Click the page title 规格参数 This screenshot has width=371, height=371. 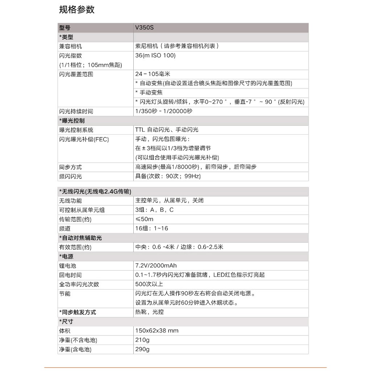coord(77,10)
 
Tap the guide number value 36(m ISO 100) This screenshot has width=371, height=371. coord(155,55)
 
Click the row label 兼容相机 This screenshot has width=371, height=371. coord(71,46)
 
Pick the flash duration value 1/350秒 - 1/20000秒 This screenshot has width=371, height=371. coord(164,111)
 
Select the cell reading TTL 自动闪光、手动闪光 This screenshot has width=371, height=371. coord(167,130)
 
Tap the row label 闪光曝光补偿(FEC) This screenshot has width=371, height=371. coord(84,139)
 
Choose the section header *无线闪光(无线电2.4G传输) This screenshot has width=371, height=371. coord(95,191)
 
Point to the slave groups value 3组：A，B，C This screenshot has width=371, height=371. coord(154,210)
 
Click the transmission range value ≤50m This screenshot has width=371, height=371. coord(144,219)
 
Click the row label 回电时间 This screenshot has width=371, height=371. coord(71,275)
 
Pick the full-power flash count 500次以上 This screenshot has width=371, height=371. coord(149,284)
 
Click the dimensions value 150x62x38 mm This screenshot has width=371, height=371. coord(157,331)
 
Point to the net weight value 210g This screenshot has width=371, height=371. coord(142,340)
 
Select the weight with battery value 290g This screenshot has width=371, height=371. coord(142,349)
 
